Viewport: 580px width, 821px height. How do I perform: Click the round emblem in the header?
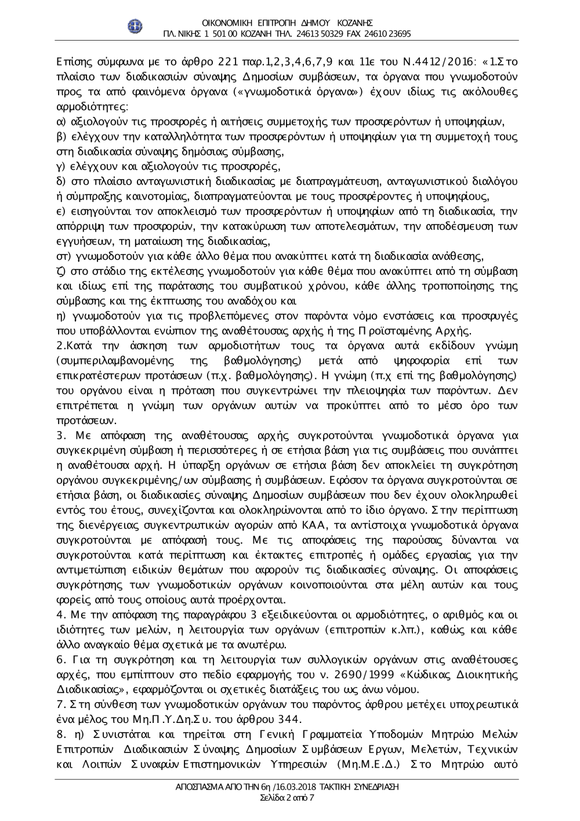[135, 26]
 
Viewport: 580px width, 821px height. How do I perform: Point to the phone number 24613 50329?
[321, 34]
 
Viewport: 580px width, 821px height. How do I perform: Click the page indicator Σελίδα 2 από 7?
[288, 798]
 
